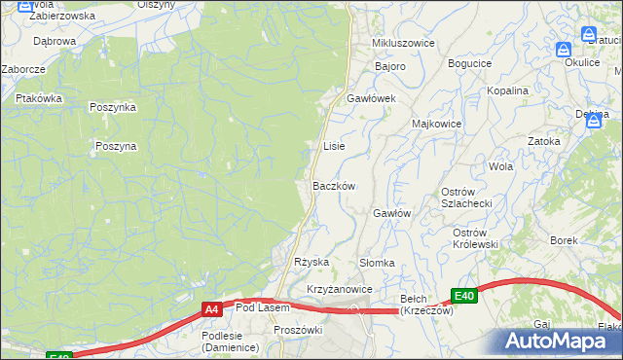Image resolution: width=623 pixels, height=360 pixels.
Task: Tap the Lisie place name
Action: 334,146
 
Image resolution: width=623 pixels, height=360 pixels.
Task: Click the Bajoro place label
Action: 389,66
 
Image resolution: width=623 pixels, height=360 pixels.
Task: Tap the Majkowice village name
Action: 436,125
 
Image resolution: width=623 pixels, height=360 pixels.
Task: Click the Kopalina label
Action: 508,90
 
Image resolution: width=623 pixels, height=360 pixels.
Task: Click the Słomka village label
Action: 377,263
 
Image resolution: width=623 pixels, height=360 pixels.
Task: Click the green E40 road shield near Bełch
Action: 464,296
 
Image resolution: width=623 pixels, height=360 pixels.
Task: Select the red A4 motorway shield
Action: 211,309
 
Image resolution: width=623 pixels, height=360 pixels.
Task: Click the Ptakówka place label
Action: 39,98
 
